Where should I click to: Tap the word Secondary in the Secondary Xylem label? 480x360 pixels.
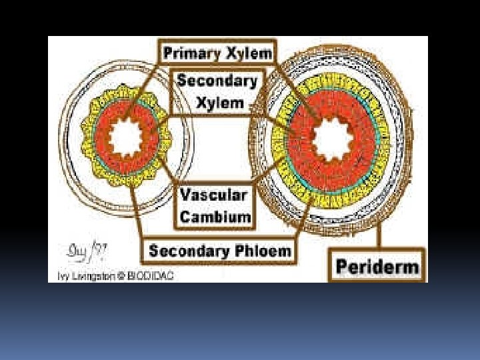[217, 81]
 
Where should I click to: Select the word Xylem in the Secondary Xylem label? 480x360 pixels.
[220, 103]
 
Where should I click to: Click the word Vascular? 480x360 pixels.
[214, 196]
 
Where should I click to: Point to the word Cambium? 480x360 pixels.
[215, 217]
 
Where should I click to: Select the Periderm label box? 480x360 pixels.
[377, 267]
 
